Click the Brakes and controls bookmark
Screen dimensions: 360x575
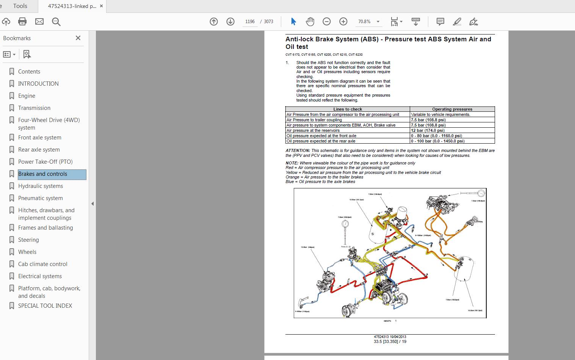pyautogui.click(x=42, y=174)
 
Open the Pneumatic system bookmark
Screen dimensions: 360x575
pyautogui.click(x=40, y=198)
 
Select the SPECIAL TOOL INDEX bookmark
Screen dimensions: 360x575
pyautogui.click(x=45, y=306)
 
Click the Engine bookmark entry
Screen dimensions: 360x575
pyautogui.click(x=27, y=96)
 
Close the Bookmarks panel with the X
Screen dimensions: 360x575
pyautogui.click(x=78, y=38)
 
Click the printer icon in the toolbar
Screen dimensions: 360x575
pyautogui.click(x=22, y=22)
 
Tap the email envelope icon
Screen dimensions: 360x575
pyautogui.click(x=39, y=22)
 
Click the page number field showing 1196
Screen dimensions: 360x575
pyautogui.click(x=250, y=22)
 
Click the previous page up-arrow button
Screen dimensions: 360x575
pyautogui.click(x=214, y=22)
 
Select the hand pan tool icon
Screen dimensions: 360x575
pyautogui.click(x=310, y=22)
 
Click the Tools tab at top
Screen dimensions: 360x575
pyautogui.click(x=20, y=6)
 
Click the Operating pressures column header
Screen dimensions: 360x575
pyautogui.click(x=452, y=109)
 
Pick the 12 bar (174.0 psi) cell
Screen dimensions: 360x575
pyautogui.click(x=428, y=130)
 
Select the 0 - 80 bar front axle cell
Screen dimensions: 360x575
pyautogui.click(x=436, y=136)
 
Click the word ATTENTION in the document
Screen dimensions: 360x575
pyautogui.click(x=298, y=150)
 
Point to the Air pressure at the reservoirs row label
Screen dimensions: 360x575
pyautogui.click(x=313, y=130)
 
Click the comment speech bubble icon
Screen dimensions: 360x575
pyautogui.click(x=440, y=22)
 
